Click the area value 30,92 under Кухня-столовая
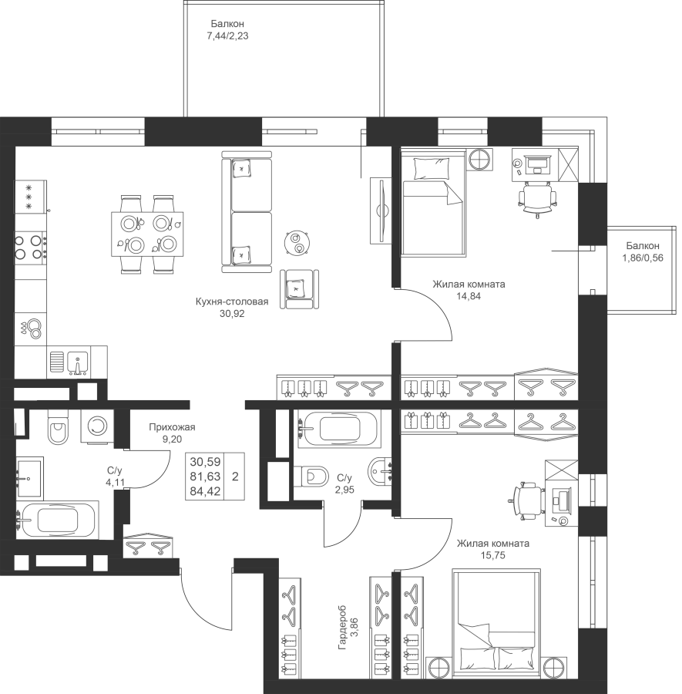(232, 314)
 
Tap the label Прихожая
(172, 427)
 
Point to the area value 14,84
(469, 296)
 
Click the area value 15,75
(492, 555)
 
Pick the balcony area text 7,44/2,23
(227, 36)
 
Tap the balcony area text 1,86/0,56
(643, 258)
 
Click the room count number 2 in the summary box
(235, 477)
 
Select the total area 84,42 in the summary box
(205, 491)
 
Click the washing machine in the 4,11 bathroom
(97, 426)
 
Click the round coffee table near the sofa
(297, 243)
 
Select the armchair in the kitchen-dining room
(299, 289)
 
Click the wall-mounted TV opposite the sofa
(381, 211)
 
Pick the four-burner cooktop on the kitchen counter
(30, 248)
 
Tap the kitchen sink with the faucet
(78, 362)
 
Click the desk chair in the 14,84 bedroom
(537, 199)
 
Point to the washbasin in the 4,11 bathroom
(29, 478)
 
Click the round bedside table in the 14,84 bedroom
(480, 159)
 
